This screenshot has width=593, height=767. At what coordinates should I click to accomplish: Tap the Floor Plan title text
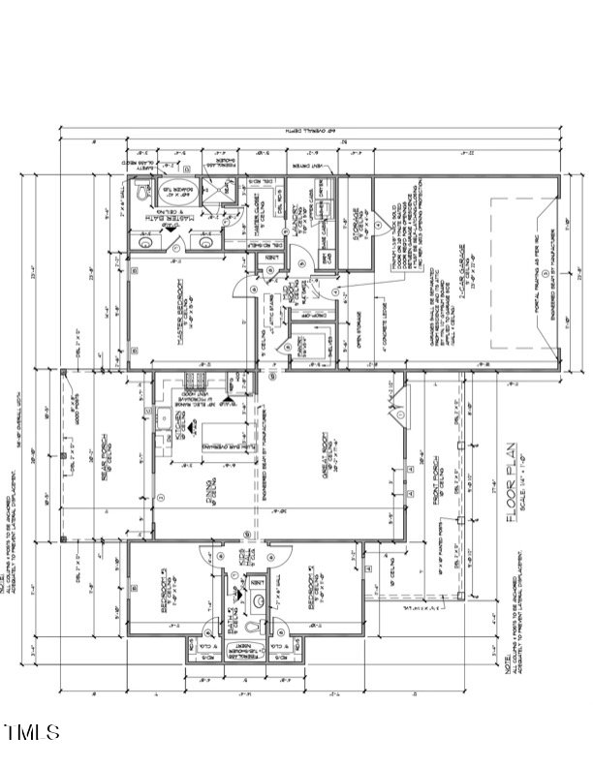(x=516, y=501)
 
